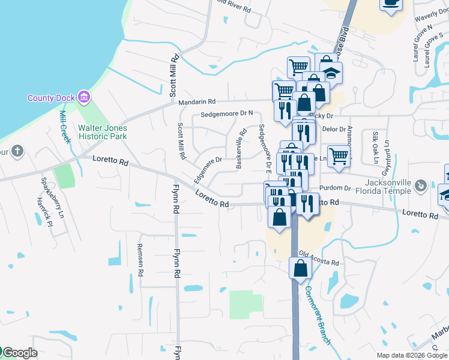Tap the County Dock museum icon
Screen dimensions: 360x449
(x=83, y=97)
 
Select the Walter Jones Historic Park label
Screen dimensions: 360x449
(x=102, y=132)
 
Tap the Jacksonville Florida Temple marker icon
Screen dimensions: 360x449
(x=422, y=186)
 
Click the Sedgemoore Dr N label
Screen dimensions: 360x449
(x=227, y=113)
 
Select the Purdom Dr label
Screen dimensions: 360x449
(x=339, y=188)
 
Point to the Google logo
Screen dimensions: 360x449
(x=20, y=353)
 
